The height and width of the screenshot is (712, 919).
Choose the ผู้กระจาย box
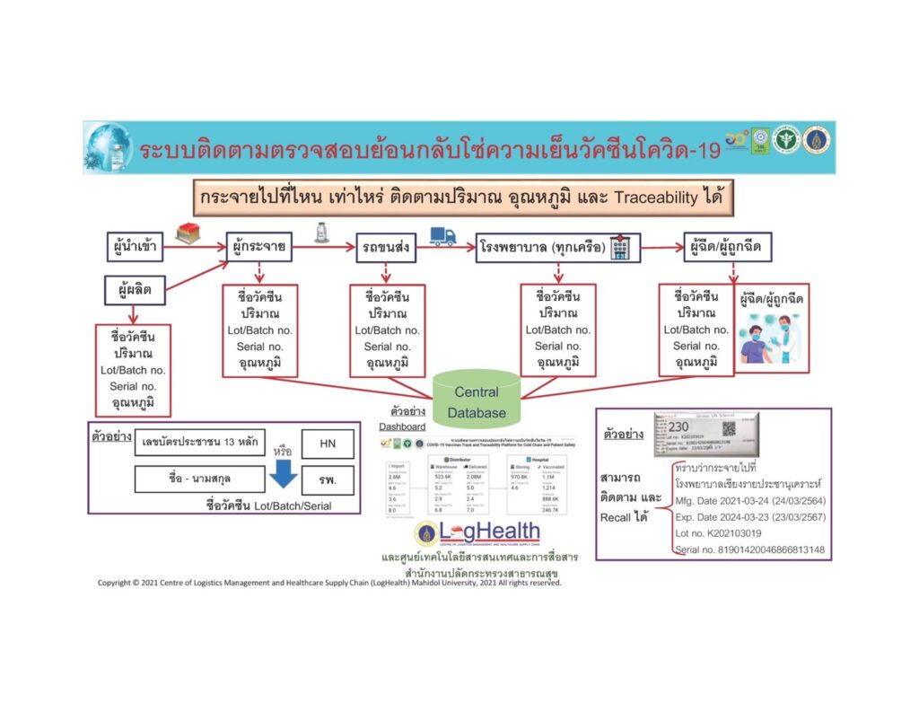tap(258, 245)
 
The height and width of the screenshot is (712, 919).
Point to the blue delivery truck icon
tap(443, 234)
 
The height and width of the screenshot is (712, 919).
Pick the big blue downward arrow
tap(284, 471)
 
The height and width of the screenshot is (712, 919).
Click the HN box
tap(328, 444)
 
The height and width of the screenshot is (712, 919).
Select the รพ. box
tap(328, 479)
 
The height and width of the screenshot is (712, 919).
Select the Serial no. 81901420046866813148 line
tap(749, 549)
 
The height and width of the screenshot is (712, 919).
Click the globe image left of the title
tap(109, 148)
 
